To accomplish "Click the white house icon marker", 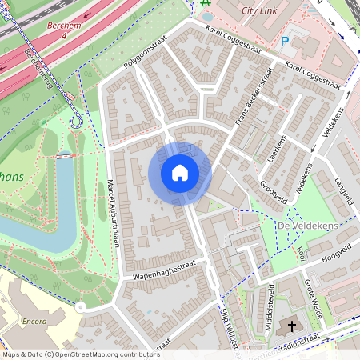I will [180, 173].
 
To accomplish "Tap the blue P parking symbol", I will [286, 42].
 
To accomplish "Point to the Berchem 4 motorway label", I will [65, 31].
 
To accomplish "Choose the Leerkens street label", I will [276, 149].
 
